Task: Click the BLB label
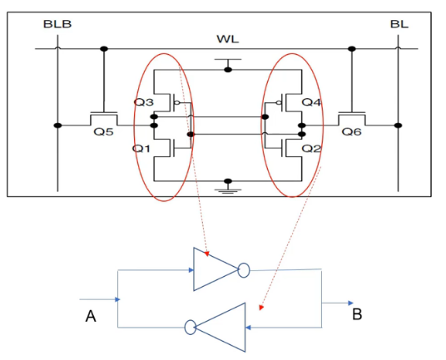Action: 57,24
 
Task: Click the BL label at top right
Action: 399,24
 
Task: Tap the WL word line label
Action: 227,39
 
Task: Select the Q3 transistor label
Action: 144,102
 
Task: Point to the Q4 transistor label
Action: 311,102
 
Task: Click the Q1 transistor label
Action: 141,148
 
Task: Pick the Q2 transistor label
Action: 311,148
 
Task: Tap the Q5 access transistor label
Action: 103,131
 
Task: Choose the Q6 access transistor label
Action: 352,131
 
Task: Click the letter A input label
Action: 91,316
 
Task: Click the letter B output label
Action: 357,314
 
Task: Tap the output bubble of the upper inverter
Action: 244,270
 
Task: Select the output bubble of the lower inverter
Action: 191,327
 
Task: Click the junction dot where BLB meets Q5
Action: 57,126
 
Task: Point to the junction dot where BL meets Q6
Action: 399,126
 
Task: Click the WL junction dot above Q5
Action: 104,49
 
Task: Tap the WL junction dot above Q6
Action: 352,49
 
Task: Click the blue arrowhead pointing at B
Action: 351,303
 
